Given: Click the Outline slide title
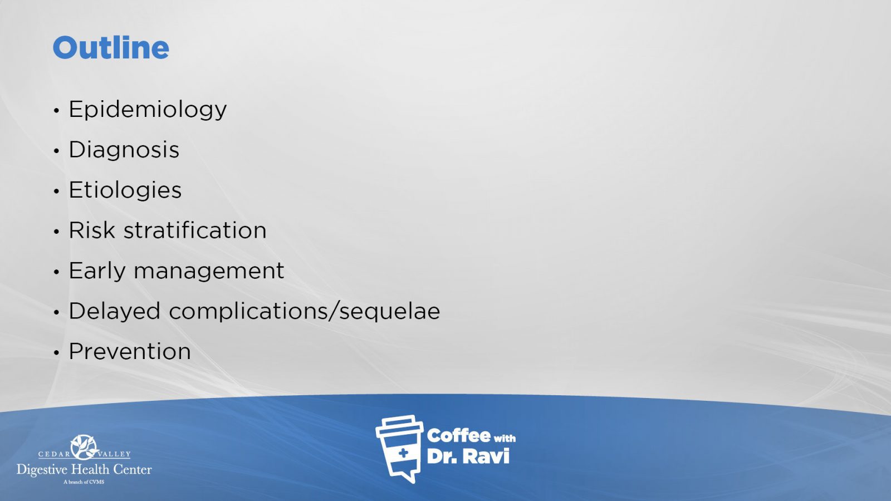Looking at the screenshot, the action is pyautogui.click(x=111, y=48).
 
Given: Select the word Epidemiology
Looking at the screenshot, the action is pyautogui.click(x=148, y=110).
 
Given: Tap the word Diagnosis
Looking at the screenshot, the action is pyautogui.click(x=124, y=150).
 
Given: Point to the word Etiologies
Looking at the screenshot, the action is pyautogui.click(x=125, y=190).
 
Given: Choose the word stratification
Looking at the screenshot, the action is pyautogui.click(x=195, y=230).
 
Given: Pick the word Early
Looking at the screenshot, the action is pyautogui.click(x=97, y=272).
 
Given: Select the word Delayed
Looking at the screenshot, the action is pyautogui.click(x=115, y=312).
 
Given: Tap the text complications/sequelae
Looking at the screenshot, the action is pyautogui.click(x=305, y=312).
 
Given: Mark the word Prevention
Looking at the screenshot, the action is pyautogui.click(x=130, y=351).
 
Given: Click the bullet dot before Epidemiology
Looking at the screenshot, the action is pyautogui.click(x=56, y=111).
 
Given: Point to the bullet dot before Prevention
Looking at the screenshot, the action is pyautogui.click(x=56, y=352).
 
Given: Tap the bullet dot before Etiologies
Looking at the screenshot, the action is pyautogui.click(x=56, y=191).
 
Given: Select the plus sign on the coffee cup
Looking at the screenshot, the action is pyautogui.click(x=403, y=453).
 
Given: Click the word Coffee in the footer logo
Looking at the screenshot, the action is pyautogui.click(x=458, y=436).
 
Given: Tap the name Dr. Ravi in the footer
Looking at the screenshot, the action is pyautogui.click(x=468, y=456).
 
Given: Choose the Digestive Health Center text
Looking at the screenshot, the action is pyautogui.click(x=84, y=470).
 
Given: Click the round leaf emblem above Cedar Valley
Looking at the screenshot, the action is pyautogui.click(x=84, y=446).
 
